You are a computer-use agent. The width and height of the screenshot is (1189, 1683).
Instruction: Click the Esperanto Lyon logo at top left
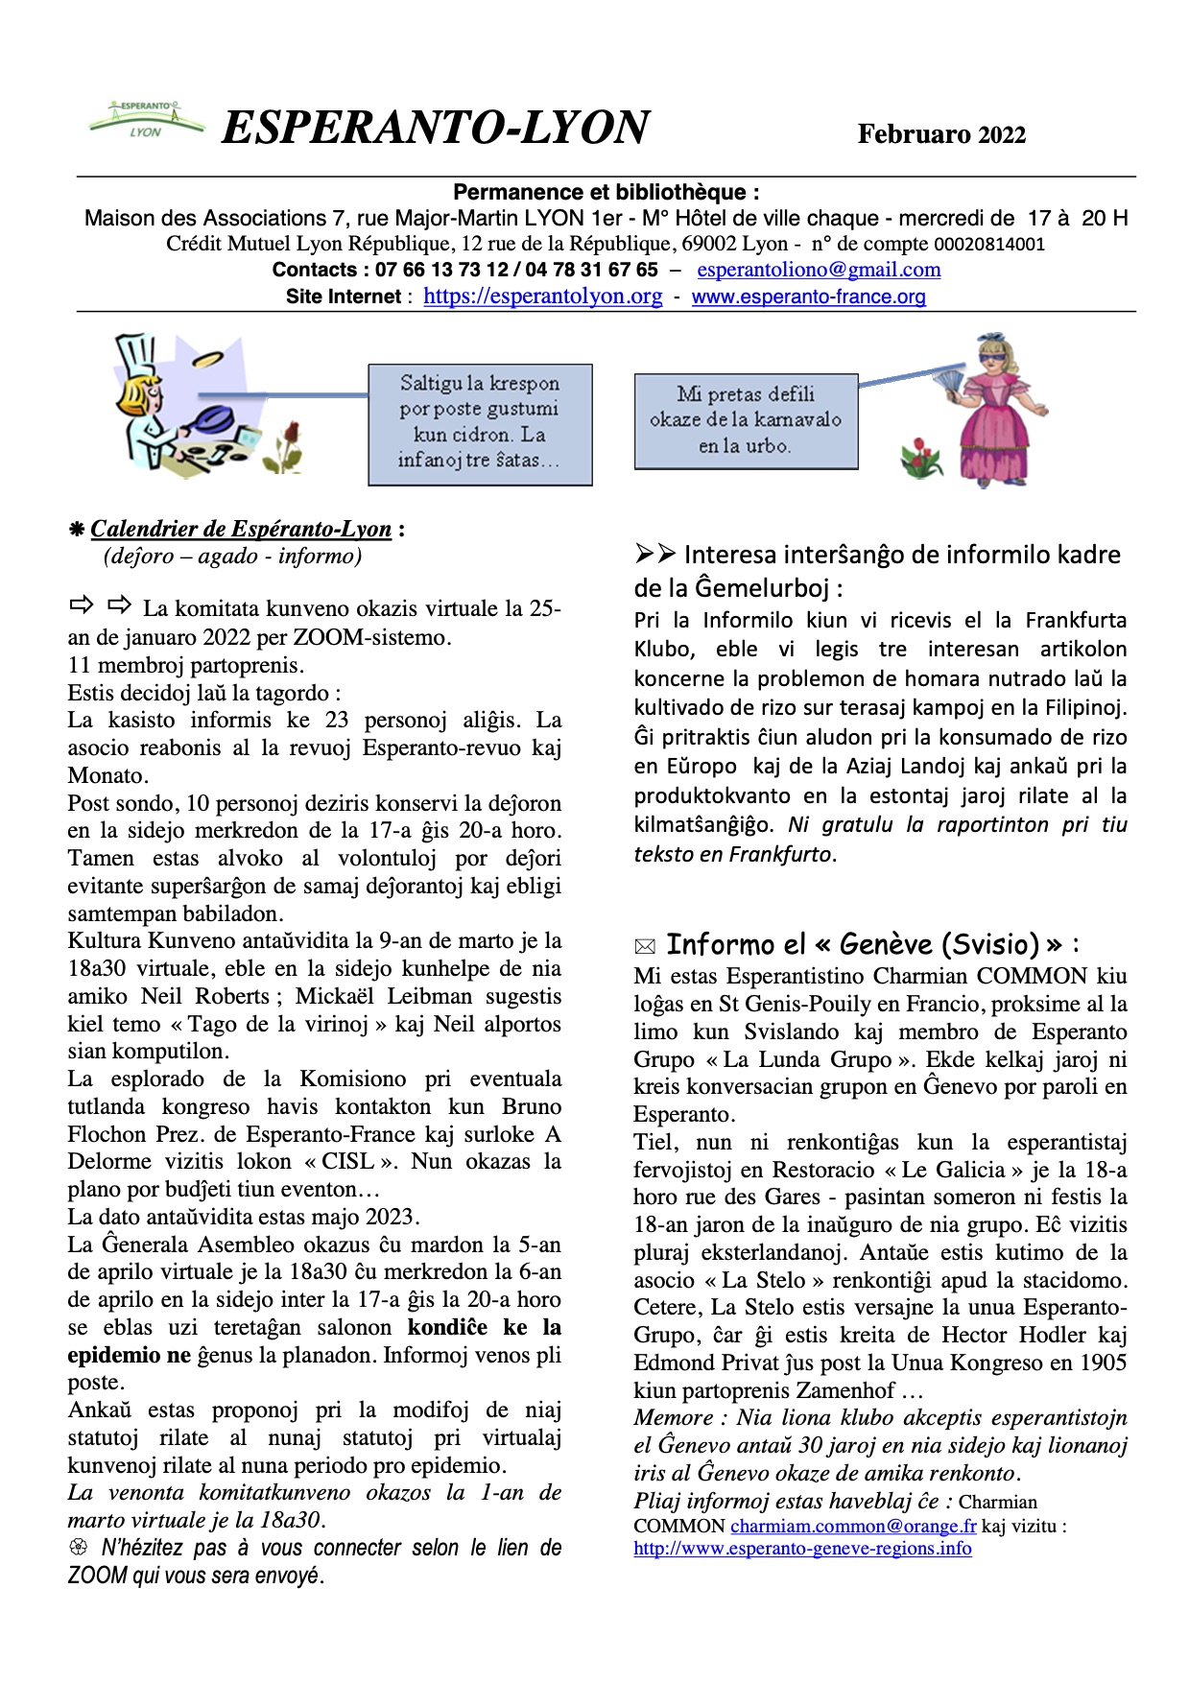pos(146,120)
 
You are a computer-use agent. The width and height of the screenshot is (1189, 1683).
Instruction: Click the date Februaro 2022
pos(940,134)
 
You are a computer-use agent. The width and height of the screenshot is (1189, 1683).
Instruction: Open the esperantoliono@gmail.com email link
pos(819,270)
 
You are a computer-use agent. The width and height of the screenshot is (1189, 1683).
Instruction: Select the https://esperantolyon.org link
pos(542,296)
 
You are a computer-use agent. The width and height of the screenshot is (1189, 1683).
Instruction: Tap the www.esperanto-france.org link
pos(808,296)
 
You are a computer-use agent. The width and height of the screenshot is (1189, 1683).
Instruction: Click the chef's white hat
pos(136,355)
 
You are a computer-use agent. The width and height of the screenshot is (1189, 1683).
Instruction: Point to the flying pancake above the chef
pos(206,360)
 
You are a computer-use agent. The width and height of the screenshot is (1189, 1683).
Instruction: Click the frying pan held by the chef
pos(213,418)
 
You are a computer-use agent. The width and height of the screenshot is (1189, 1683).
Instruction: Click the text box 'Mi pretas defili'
pos(745,420)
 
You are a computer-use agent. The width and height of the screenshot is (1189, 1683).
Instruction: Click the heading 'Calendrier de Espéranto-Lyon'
pos(241,529)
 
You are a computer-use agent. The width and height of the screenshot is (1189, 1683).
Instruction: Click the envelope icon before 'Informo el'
pos(645,947)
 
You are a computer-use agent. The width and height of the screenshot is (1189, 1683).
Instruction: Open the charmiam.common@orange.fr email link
pos(853,1526)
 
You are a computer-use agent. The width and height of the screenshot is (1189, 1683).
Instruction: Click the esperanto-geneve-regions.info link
pos(802,1548)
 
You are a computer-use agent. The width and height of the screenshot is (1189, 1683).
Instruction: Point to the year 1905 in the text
pos(1100,1363)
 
